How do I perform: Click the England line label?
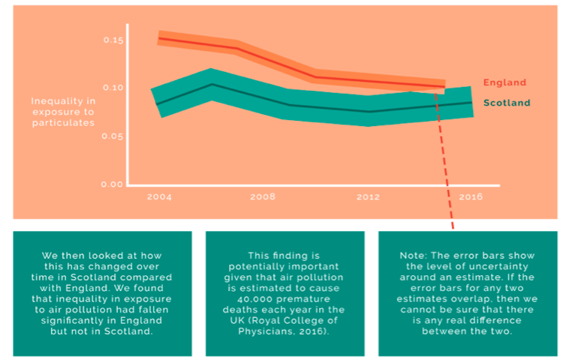click(504, 82)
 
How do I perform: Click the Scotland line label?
click(507, 103)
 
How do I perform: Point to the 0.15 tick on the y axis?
click(112, 39)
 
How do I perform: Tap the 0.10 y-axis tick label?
click(112, 88)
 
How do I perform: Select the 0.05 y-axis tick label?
click(112, 136)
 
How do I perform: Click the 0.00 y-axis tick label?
click(112, 184)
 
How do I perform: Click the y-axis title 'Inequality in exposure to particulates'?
click(63, 112)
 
